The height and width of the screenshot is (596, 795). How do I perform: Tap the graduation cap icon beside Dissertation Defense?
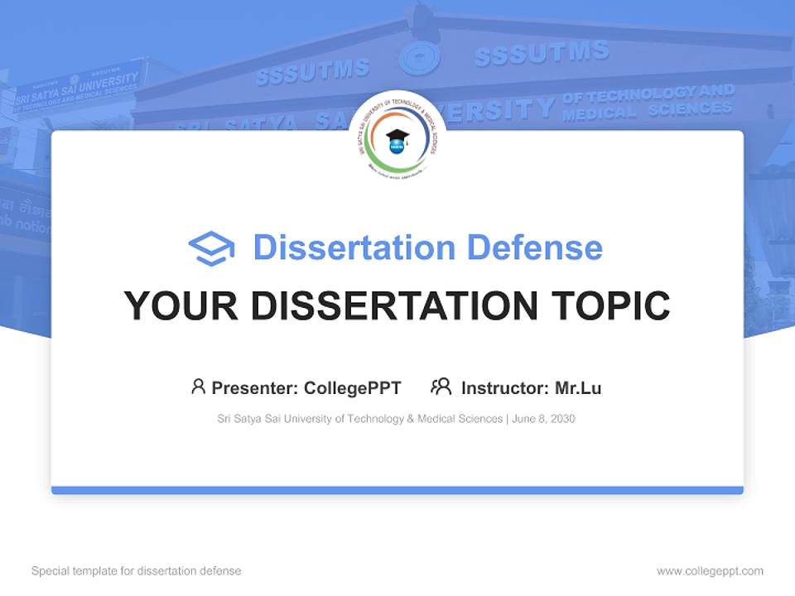coord(211,248)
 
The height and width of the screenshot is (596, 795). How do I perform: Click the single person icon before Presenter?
coord(198,387)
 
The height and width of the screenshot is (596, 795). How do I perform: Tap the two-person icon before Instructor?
coord(441,387)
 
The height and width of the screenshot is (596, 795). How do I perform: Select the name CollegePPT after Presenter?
coord(353,387)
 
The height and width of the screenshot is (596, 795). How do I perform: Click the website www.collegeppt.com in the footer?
coord(710,571)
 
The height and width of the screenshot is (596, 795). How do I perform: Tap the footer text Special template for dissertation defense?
coord(136,571)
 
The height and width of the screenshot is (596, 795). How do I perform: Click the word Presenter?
coord(255,387)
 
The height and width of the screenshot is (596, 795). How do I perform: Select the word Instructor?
coord(504,387)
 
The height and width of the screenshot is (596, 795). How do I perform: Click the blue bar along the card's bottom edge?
coord(397,490)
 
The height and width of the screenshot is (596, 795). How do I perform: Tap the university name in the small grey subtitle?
coord(359,419)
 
